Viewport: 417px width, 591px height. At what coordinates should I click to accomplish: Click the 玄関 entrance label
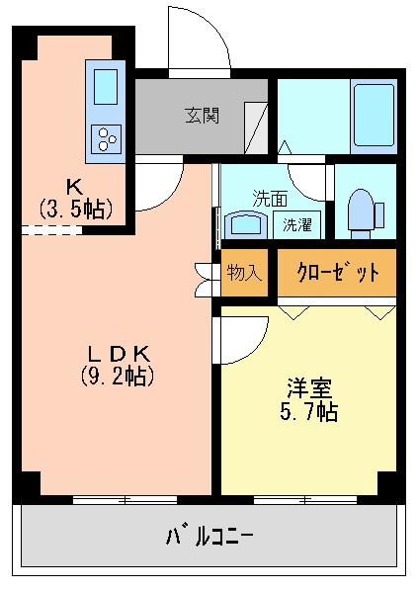(x=202, y=115)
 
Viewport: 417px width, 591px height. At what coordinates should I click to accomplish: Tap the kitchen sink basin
(x=106, y=88)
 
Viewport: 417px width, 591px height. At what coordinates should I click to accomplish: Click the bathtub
(x=374, y=115)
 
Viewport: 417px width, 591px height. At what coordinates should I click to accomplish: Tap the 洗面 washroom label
(x=269, y=197)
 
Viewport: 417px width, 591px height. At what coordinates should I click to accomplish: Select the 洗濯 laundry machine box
(x=297, y=223)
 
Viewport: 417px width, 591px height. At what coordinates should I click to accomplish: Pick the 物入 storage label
(x=243, y=272)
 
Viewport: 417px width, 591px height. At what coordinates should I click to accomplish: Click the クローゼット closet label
(x=336, y=272)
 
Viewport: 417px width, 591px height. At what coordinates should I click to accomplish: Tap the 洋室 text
(x=305, y=387)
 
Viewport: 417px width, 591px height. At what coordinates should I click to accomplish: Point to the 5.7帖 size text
(x=305, y=411)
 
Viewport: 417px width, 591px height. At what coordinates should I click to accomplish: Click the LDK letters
(x=117, y=353)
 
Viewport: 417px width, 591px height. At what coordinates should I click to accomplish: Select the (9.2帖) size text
(x=117, y=376)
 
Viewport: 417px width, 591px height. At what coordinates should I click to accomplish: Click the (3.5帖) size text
(x=75, y=209)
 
